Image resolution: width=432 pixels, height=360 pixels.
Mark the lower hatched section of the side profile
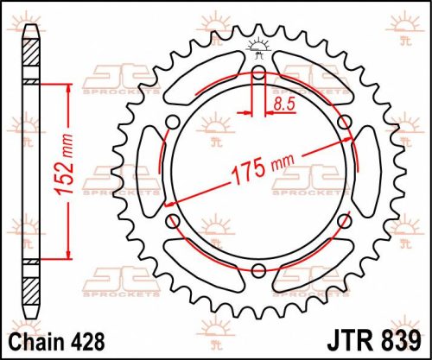[x=31, y=281]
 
